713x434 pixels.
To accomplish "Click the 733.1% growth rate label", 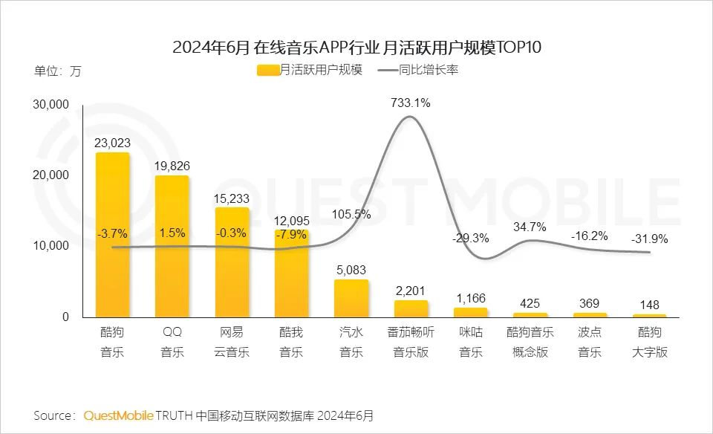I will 411,103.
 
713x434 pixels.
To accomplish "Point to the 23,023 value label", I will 112,142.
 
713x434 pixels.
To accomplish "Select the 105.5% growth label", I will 351,214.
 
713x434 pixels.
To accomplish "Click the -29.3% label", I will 470,239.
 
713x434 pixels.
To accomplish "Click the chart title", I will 356,48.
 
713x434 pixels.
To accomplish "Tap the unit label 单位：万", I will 58,72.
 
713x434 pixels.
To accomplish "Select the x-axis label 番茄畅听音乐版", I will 411,342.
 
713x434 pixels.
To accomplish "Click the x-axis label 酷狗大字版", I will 649,342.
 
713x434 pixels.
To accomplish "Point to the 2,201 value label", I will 411,290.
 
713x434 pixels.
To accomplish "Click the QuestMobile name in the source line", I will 118,415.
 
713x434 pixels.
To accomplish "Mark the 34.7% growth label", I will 530,227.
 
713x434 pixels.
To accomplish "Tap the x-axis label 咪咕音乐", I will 470,342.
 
